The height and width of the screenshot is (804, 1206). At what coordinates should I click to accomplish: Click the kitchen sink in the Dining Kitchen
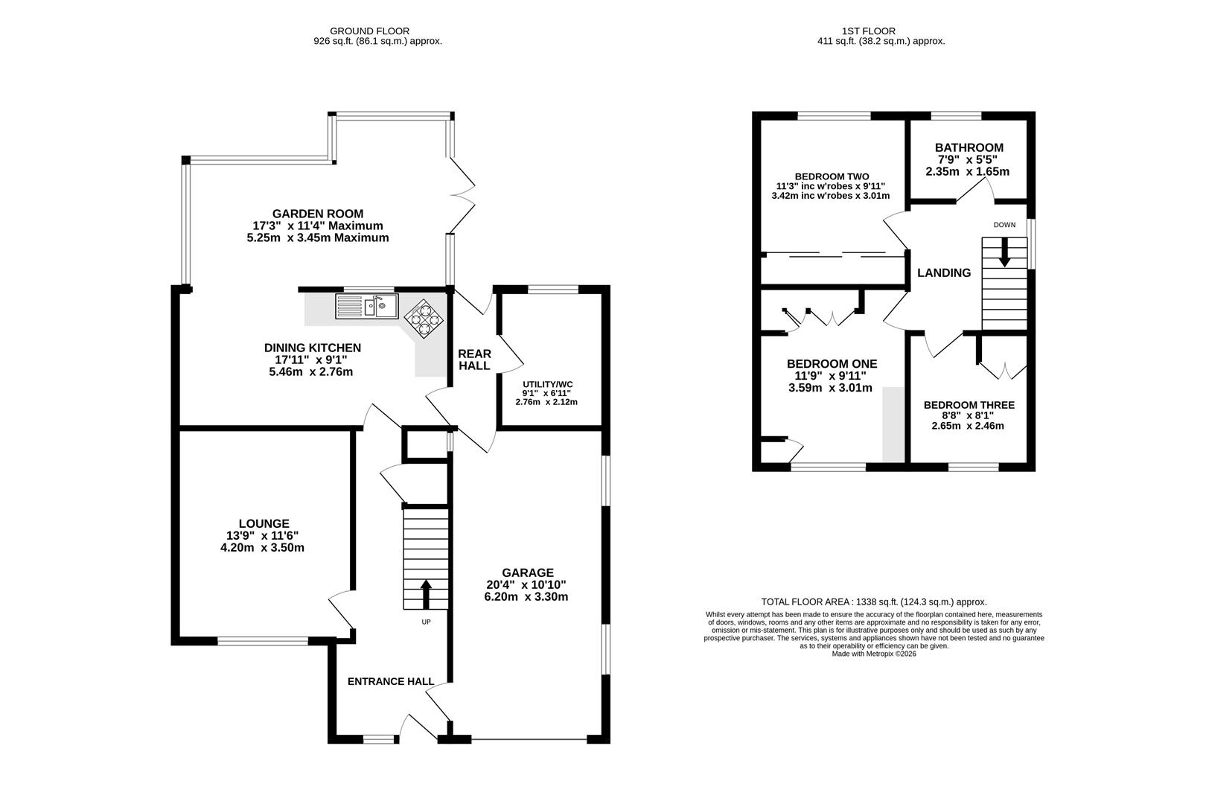[367, 306]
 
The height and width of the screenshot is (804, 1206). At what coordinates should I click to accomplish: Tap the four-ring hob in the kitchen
[424, 319]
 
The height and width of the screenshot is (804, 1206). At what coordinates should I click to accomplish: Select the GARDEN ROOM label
[318, 214]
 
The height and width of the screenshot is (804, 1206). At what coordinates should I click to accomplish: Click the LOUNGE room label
[264, 523]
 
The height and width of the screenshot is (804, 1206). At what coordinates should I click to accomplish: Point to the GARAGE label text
[528, 572]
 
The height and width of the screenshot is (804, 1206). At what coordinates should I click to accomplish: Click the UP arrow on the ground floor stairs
[426, 594]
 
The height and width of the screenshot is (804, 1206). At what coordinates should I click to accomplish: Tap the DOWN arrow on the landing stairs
[1005, 252]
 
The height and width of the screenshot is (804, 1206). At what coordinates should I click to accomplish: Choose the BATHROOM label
[969, 147]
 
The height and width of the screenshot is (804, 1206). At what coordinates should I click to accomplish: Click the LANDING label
[945, 273]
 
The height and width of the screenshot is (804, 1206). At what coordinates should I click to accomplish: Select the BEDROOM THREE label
[969, 405]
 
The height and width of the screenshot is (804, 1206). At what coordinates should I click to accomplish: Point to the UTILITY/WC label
[548, 384]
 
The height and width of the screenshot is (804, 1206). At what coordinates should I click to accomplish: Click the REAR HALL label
[474, 360]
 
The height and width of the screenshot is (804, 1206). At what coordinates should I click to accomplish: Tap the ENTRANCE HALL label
[391, 682]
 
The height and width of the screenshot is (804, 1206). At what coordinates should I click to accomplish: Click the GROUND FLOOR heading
[369, 31]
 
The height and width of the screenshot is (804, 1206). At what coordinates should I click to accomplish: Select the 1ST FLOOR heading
[869, 31]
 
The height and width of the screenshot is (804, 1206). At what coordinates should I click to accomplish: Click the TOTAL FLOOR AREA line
[874, 602]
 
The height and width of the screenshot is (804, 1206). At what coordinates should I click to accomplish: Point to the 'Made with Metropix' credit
[874, 654]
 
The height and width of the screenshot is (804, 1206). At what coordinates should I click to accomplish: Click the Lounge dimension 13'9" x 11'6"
[262, 536]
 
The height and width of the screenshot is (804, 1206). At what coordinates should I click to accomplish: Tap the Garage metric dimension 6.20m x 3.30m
[526, 597]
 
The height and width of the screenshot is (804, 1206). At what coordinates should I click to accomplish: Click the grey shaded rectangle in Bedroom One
[894, 424]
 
